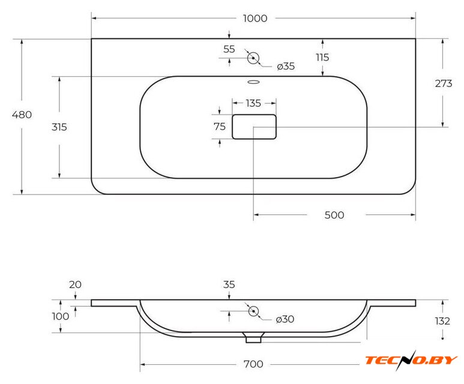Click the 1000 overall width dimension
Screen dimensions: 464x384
pyautogui.click(x=255, y=19)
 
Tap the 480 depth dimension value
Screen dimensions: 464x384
pyautogui.click(x=22, y=115)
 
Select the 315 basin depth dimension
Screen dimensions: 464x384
pyautogui.click(x=59, y=127)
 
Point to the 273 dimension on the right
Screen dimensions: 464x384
pyautogui.click(x=443, y=83)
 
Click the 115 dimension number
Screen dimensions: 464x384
pyautogui.click(x=322, y=57)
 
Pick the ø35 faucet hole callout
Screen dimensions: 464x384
pyautogui.click(x=286, y=66)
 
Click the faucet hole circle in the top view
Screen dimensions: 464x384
pyautogui.click(x=253, y=58)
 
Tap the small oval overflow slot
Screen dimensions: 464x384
pyautogui.click(x=253, y=82)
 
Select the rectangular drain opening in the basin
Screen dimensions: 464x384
pyautogui.click(x=254, y=127)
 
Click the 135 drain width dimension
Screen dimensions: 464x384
pyautogui.click(x=253, y=103)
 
